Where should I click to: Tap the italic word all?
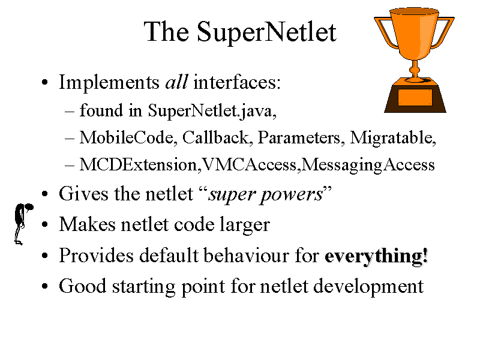point(176,82)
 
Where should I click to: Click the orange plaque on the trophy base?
point(415,98)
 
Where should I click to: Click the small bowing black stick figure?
point(22,223)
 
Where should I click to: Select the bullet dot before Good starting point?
point(44,287)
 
